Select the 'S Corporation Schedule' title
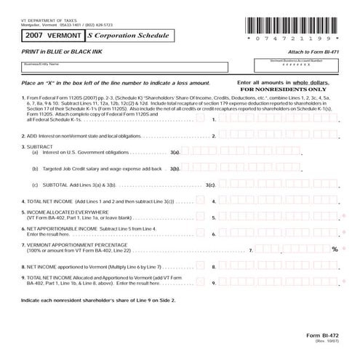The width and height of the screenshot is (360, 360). coord(127,34)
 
